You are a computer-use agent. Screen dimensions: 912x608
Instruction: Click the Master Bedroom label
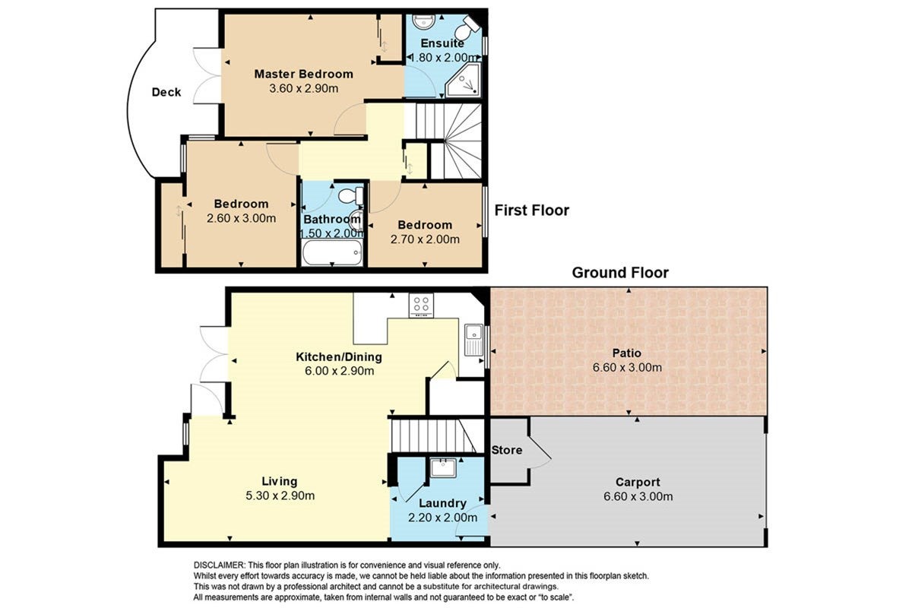[303, 74]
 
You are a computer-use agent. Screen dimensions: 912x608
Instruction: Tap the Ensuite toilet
[467, 27]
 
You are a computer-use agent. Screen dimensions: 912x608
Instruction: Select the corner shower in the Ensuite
[463, 81]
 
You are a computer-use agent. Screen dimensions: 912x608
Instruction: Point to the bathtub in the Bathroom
[332, 252]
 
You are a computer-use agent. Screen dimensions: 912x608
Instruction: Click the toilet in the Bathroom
[350, 196]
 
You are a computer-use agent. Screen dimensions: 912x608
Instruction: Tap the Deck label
[166, 93]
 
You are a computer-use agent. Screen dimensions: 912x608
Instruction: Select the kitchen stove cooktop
[421, 306]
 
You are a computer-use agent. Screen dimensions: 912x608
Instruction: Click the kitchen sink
[474, 340]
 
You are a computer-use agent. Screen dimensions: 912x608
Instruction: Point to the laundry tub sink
[443, 468]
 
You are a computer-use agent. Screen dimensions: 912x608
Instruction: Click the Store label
[506, 450]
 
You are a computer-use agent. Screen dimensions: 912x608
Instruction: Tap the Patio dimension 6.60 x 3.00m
[627, 368]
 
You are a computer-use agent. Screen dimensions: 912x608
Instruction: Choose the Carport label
[638, 482]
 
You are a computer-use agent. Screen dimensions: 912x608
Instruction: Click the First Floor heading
[532, 211]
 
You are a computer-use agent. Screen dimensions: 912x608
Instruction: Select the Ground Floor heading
[620, 273]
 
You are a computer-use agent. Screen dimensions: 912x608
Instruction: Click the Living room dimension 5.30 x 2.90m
[280, 496]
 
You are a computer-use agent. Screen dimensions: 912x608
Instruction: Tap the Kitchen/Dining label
[339, 357]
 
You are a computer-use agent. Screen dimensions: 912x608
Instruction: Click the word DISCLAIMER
[219, 565]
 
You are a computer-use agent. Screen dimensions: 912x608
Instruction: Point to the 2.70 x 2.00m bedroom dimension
[425, 239]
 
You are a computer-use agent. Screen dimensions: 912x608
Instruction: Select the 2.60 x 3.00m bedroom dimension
[241, 218]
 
